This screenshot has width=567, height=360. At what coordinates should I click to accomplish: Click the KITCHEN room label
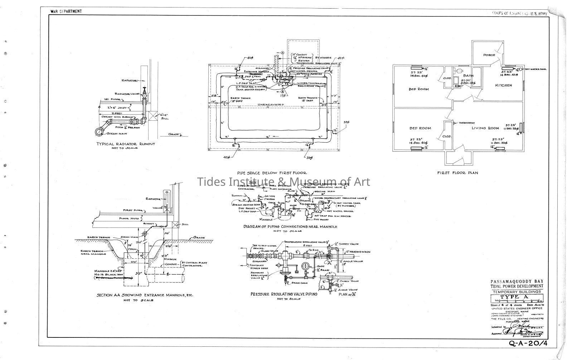click(x=503, y=85)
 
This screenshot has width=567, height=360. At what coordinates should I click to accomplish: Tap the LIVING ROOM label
click(x=485, y=128)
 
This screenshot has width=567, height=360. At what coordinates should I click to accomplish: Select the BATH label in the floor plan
click(x=468, y=76)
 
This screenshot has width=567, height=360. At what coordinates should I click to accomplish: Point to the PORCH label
click(x=489, y=55)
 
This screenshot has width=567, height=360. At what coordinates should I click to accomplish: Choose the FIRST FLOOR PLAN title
click(x=457, y=173)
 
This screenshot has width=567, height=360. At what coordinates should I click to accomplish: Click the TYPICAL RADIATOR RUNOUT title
click(x=126, y=144)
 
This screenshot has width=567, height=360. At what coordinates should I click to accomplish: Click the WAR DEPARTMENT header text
click(x=66, y=11)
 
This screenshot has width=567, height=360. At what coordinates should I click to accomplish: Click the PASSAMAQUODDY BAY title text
click(x=517, y=281)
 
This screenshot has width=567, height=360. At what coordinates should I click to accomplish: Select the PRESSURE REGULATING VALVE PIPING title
click(x=284, y=294)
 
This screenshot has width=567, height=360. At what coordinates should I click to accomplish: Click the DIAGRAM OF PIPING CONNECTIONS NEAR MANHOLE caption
click(x=290, y=227)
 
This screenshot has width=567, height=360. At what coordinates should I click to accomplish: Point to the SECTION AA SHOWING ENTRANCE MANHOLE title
click(x=145, y=296)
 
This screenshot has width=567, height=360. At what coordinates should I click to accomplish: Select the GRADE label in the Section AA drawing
click(x=199, y=237)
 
